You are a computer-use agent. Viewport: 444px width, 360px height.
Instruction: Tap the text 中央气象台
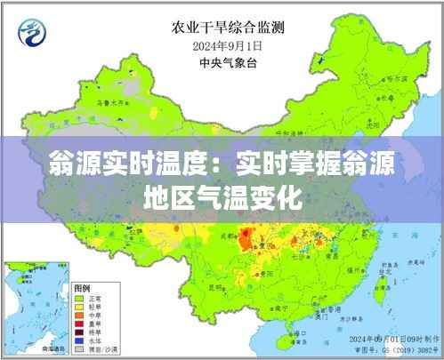click(216, 63)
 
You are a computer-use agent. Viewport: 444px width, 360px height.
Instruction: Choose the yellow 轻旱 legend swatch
click(79, 307)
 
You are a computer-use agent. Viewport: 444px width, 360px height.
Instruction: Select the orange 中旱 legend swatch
click(79, 316)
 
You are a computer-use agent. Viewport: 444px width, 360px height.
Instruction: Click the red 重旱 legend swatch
click(79, 324)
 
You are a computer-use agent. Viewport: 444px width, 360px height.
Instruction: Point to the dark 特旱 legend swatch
click(79, 332)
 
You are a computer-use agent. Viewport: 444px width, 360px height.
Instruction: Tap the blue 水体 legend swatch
click(79, 340)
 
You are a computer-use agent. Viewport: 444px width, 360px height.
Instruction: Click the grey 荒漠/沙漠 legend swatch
click(79, 348)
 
